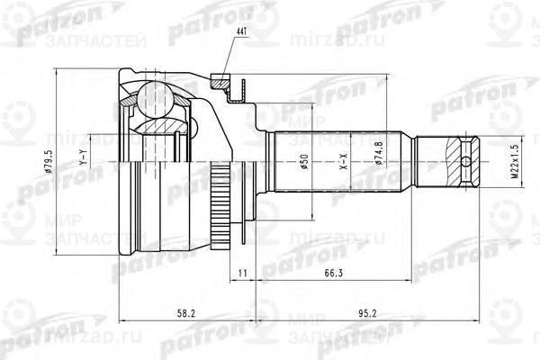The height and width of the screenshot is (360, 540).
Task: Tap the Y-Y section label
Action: pos(82,163)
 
